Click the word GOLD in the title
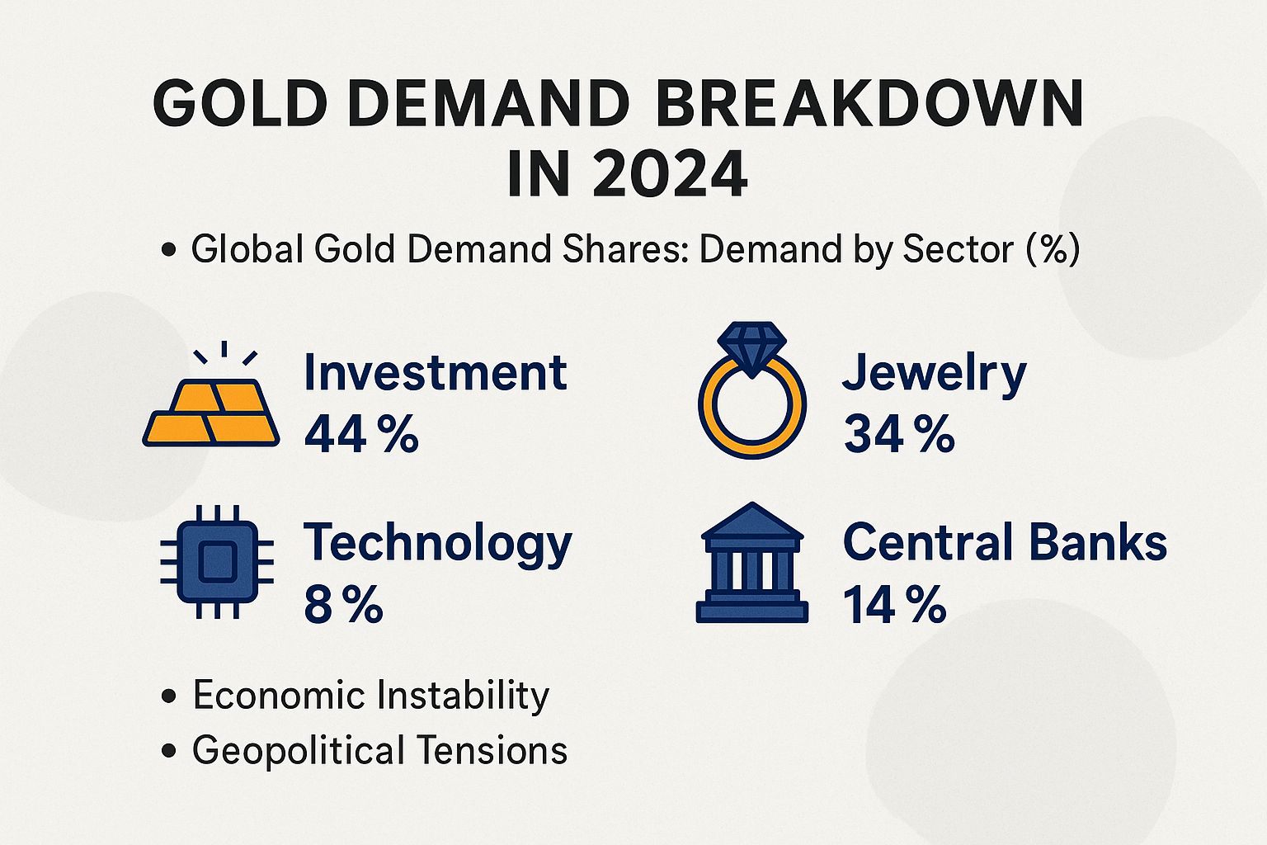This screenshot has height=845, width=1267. click(240, 104)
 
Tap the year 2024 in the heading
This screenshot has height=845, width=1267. click(669, 174)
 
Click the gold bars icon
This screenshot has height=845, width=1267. click(212, 413)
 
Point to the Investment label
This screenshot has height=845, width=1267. click(435, 373)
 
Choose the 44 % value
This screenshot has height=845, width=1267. click(361, 434)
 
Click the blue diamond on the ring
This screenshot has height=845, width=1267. click(751, 347)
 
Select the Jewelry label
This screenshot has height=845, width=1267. click(934, 374)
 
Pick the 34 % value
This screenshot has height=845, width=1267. click(898, 434)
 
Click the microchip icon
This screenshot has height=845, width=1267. click(216, 561)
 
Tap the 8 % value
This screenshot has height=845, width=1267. click(343, 605)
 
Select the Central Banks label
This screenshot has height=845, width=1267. click(1005, 543)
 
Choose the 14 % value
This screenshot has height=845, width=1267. click(894, 605)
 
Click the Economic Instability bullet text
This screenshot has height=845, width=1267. click(370, 695)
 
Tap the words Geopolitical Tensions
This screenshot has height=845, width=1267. click(379, 750)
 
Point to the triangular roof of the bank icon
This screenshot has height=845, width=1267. click(751, 520)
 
